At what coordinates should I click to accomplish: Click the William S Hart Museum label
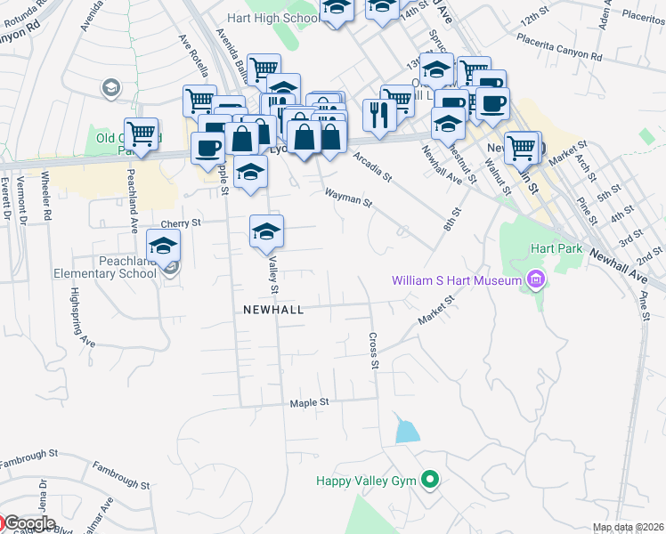click(456, 282)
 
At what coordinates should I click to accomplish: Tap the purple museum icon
click(534, 282)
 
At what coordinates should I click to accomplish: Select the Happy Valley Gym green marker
click(431, 481)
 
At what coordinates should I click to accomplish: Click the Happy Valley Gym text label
click(367, 481)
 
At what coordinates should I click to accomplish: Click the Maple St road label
click(310, 402)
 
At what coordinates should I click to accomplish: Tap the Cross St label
click(375, 351)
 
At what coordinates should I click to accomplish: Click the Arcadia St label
click(372, 166)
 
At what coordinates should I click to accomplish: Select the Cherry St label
click(182, 223)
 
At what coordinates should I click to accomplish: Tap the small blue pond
click(407, 433)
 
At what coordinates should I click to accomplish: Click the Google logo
click(28, 523)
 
